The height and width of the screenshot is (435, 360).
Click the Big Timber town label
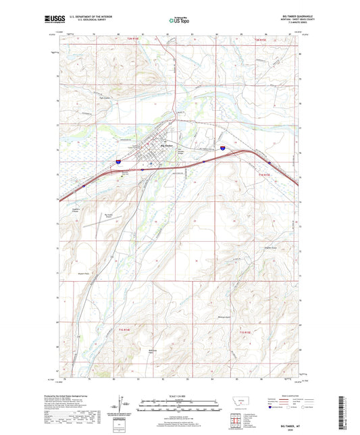pos(166,147)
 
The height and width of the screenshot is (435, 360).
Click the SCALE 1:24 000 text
pos(179,396)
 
